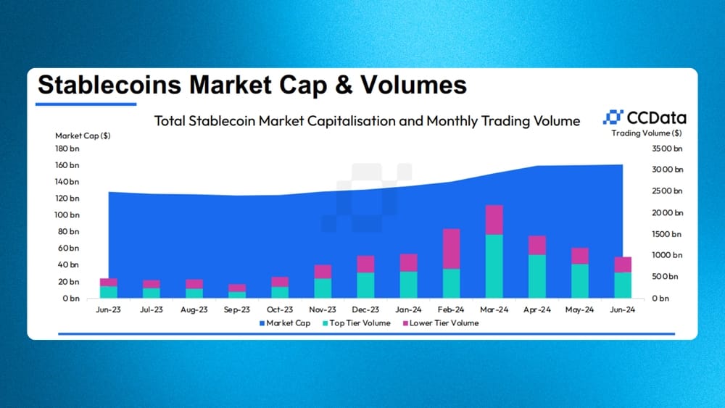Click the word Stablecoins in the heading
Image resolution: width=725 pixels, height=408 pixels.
point(109,85)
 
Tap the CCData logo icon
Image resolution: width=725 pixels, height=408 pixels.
point(613,117)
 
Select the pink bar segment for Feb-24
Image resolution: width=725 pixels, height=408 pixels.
point(451,249)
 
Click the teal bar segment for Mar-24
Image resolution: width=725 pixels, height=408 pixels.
point(494,266)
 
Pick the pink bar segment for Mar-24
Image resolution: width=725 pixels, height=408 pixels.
point(494,220)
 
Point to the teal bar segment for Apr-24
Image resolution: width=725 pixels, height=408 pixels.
point(537,276)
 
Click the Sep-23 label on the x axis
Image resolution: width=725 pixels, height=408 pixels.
point(237,309)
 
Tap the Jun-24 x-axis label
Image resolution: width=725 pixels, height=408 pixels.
point(622,309)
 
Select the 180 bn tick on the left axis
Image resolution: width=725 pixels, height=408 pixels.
point(67,149)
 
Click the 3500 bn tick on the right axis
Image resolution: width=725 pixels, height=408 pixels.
point(667,149)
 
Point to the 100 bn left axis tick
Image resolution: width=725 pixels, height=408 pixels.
point(67,215)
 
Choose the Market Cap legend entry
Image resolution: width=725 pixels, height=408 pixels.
point(285,323)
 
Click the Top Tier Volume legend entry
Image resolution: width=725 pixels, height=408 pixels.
point(357,323)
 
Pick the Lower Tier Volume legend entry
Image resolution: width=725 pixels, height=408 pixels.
point(441,323)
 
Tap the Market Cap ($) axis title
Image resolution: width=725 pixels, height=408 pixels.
point(83,136)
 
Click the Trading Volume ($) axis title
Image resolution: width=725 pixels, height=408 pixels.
point(647,133)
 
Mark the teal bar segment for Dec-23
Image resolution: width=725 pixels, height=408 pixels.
point(365,285)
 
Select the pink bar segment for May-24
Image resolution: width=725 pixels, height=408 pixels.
point(580,256)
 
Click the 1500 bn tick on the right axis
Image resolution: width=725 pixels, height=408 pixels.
point(667,234)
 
